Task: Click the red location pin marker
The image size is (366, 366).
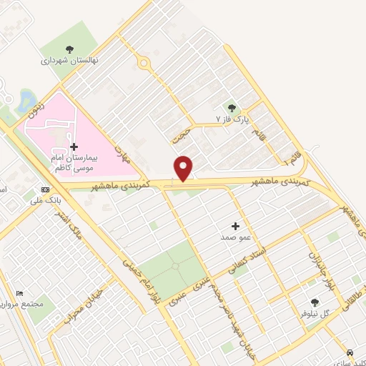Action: click(184, 167)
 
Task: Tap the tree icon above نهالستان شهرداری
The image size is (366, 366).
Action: click(69, 49)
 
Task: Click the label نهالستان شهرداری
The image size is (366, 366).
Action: click(69, 61)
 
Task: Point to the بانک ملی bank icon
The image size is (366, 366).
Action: click(46, 189)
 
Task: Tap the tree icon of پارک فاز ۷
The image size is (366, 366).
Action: click(231, 107)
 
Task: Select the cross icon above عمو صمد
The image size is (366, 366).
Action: click(236, 225)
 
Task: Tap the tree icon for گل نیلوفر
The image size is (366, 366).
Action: click(315, 302)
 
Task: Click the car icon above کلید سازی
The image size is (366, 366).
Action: click(350, 353)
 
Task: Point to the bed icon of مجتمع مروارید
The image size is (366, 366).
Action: click(20, 294)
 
